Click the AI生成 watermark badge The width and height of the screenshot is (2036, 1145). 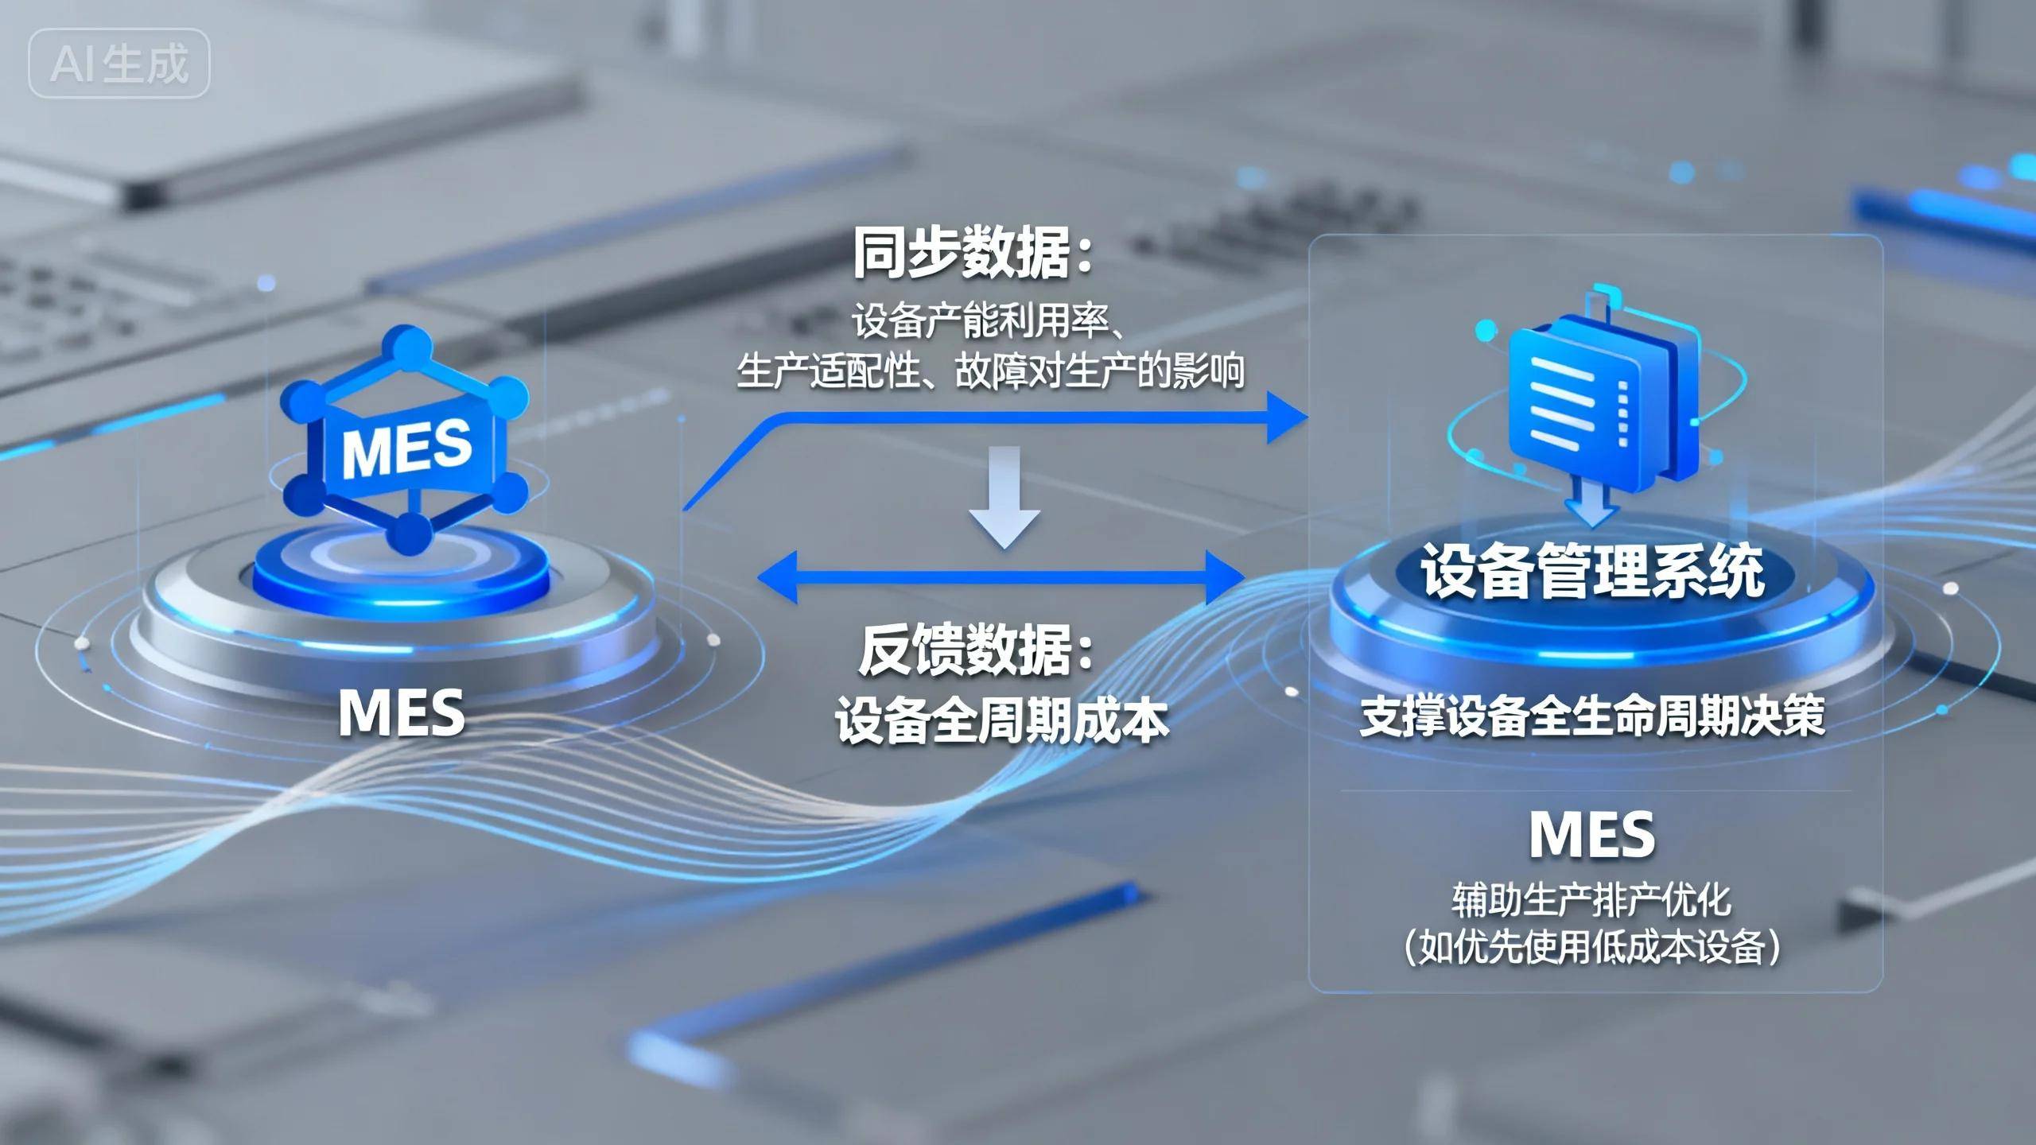pyautogui.click(x=119, y=64)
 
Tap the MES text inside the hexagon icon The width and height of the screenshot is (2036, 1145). pyautogui.click(x=406, y=448)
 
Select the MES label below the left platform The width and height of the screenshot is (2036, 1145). pyautogui.click(x=402, y=712)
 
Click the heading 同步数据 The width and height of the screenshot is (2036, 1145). pyautogui.click(x=972, y=253)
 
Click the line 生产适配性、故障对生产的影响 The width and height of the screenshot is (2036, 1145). pyautogui.click(x=990, y=371)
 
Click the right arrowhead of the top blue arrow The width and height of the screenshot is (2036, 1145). pyautogui.click(x=1285, y=416)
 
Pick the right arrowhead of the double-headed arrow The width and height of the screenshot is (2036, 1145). pyautogui.click(x=1225, y=577)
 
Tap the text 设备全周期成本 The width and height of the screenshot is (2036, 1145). pyautogui.click(x=1001, y=721)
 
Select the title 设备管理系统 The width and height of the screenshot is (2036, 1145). pyautogui.click(x=1593, y=571)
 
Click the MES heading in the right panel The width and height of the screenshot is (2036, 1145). pyautogui.click(x=1592, y=834)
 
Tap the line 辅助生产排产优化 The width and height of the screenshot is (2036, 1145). pyautogui.click(x=1591, y=899)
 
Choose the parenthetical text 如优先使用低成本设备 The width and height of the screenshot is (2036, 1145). pyautogui.click(x=1592, y=947)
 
